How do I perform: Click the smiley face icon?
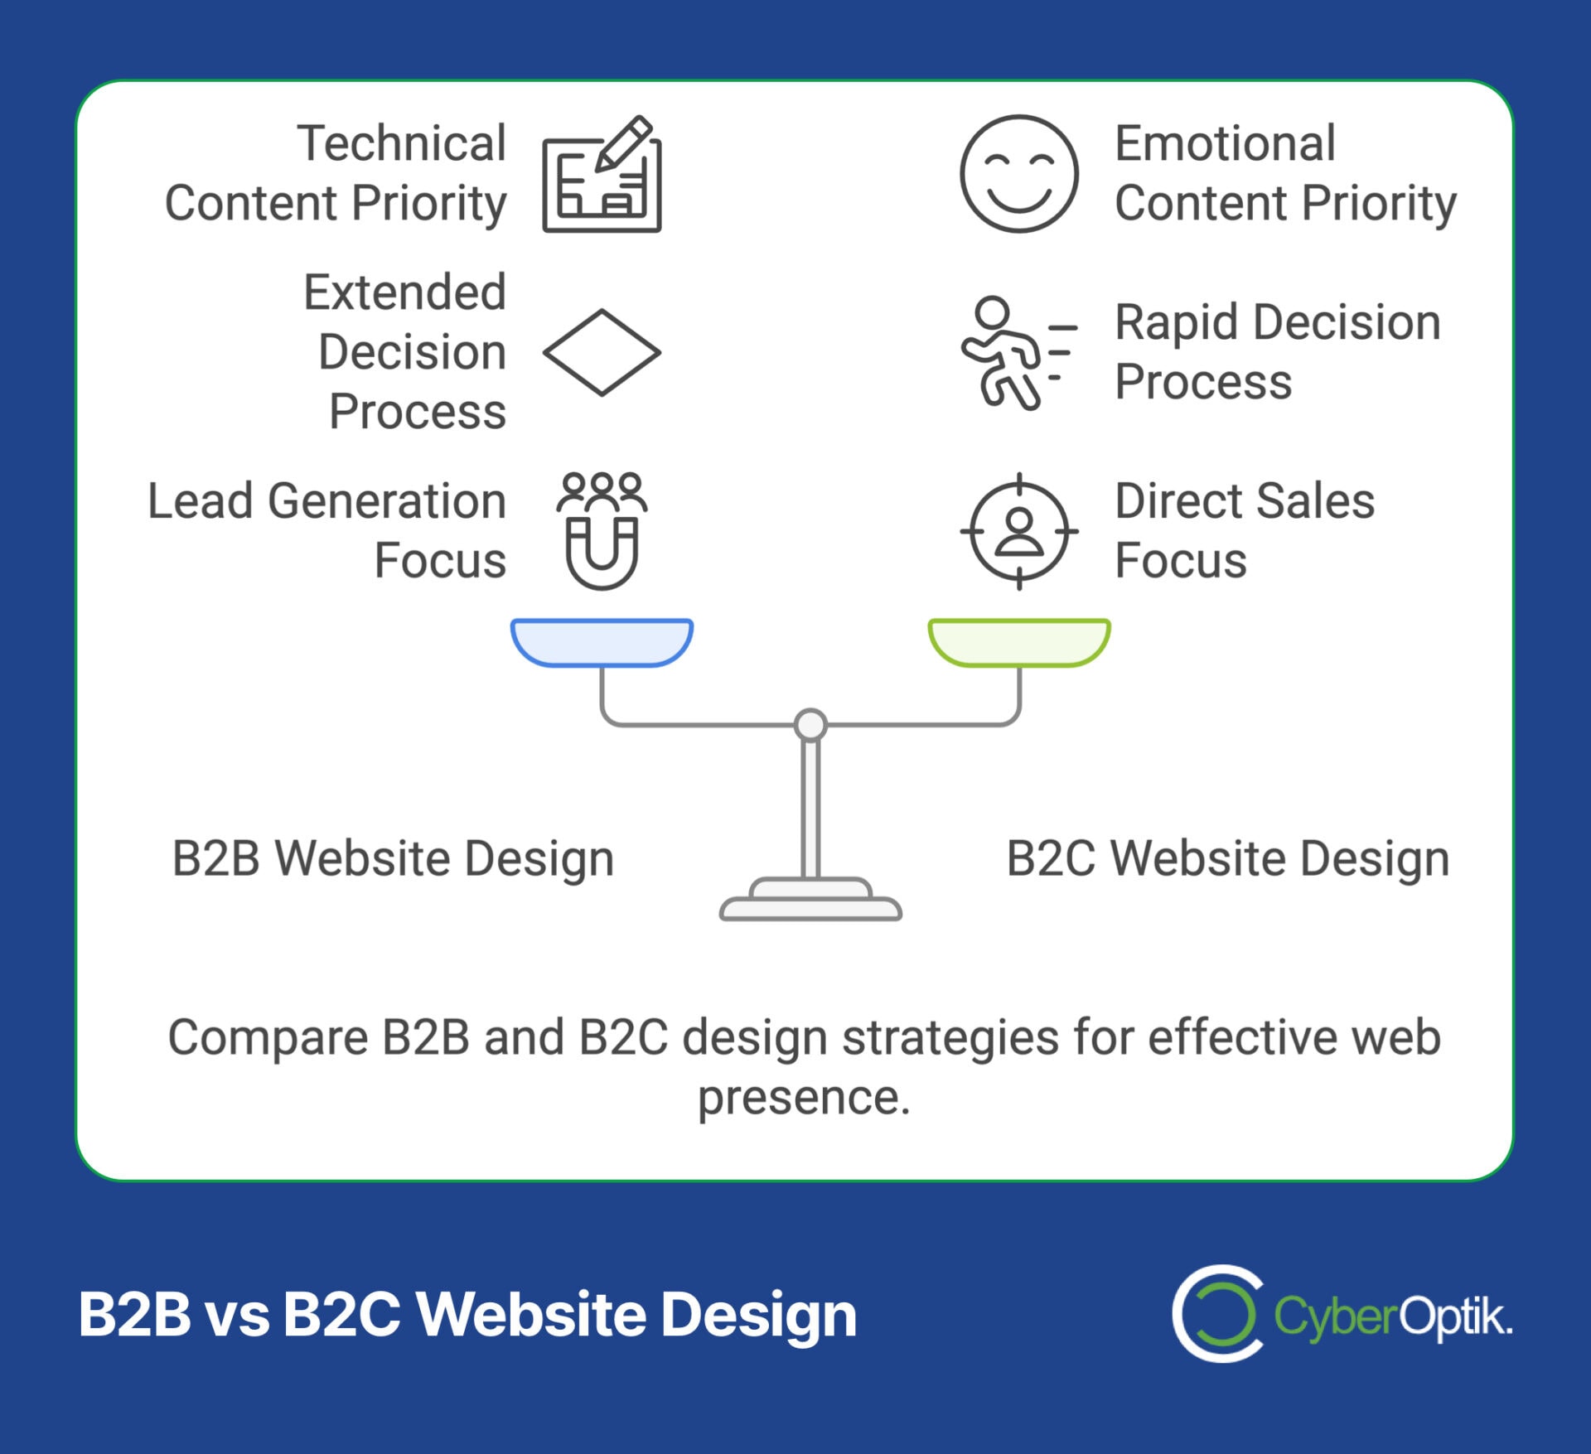(x=1018, y=174)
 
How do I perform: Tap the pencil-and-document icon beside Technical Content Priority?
(x=602, y=175)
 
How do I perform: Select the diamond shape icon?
(x=602, y=353)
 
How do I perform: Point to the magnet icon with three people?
(x=602, y=531)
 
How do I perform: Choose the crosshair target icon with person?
(x=1019, y=531)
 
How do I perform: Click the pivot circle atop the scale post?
(x=810, y=724)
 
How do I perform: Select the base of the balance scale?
(x=810, y=904)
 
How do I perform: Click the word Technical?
(x=401, y=143)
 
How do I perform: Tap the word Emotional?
(x=1225, y=143)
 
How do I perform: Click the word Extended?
(x=404, y=292)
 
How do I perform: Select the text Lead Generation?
(x=326, y=501)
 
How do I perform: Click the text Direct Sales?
(x=1244, y=501)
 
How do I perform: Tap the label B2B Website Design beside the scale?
(x=393, y=858)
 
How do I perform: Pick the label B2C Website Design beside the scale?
(x=1227, y=858)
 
